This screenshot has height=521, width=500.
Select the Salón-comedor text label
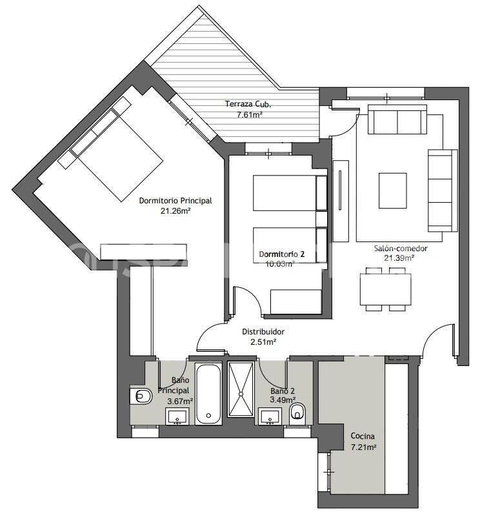click(400, 248)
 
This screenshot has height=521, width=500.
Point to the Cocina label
click(363, 436)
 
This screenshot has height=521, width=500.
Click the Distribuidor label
click(263, 332)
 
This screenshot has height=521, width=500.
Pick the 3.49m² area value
click(282, 401)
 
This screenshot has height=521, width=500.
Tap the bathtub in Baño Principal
click(208, 394)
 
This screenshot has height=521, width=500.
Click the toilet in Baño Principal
click(141, 396)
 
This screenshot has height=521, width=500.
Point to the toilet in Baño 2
click(298, 413)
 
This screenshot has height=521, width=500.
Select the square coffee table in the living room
click(393, 190)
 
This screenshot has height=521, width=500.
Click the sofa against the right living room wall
click(443, 190)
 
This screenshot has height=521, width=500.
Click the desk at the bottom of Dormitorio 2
click(296, 302)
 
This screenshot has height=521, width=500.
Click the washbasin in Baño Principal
click(177, 416)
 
